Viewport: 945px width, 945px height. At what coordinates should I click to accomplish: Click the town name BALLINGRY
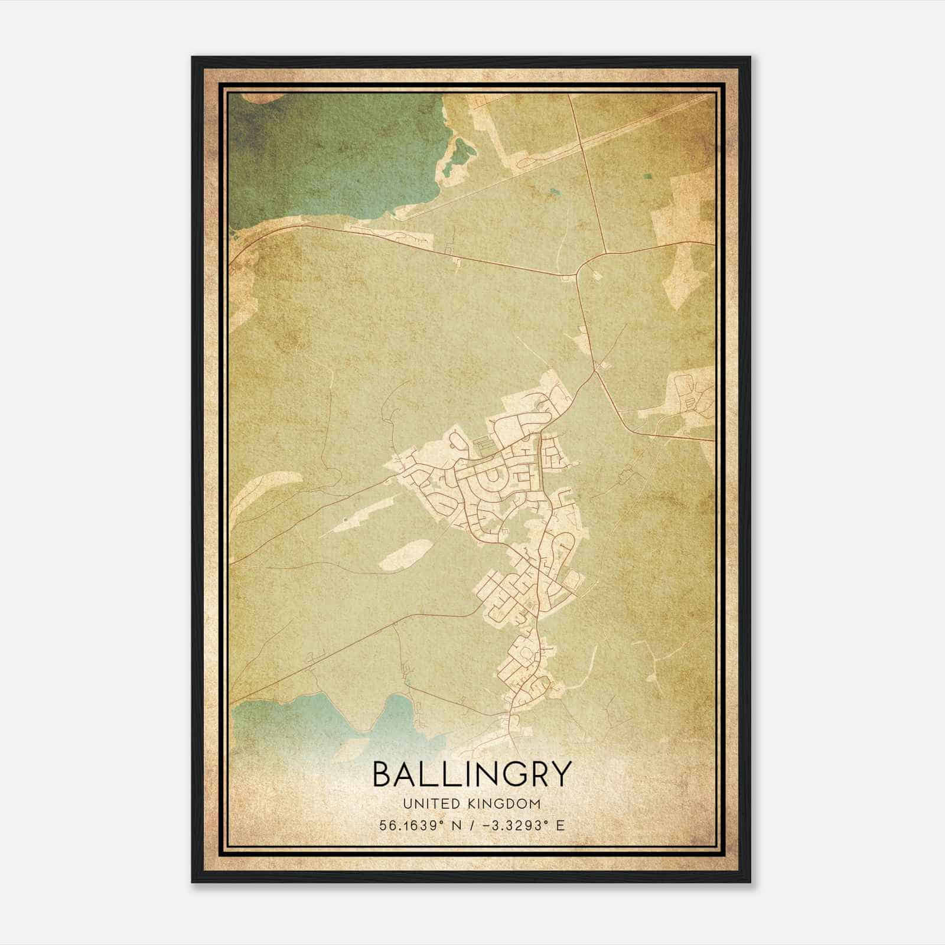[x=472, y=774]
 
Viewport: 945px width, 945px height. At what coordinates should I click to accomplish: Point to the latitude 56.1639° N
[x=416, y=825]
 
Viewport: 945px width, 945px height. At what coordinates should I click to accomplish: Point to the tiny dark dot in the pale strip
[x=344, y=520]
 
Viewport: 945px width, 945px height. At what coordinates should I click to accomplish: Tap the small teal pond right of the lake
[x=553, y=191]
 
